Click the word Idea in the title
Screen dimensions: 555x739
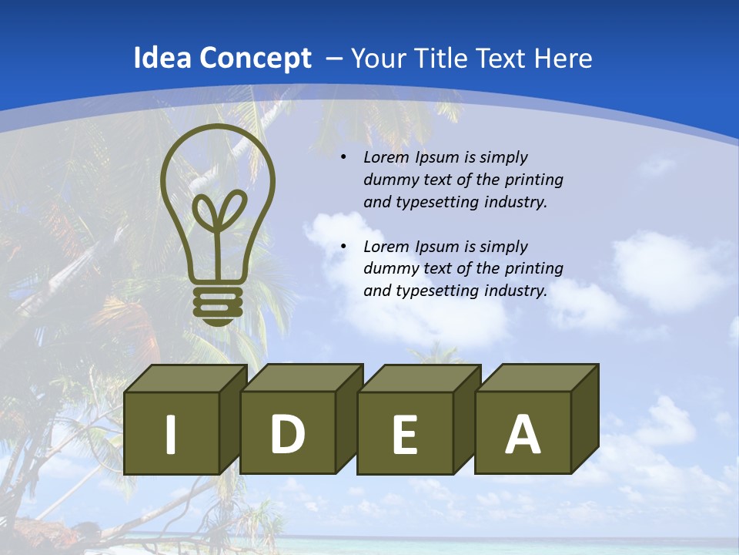[162, 59]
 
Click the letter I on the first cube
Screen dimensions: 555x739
[171, 434]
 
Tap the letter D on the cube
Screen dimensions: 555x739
[287, 434]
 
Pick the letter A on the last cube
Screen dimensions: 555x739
[523, 435]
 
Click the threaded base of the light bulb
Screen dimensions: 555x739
[218, 305]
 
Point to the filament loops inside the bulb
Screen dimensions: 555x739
[219, 210]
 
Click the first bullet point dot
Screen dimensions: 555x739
[343, 158]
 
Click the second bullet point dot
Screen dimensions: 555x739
[343, 247]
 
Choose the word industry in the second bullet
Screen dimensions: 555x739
[515, 291]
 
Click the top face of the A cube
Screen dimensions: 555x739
[537, 378]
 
